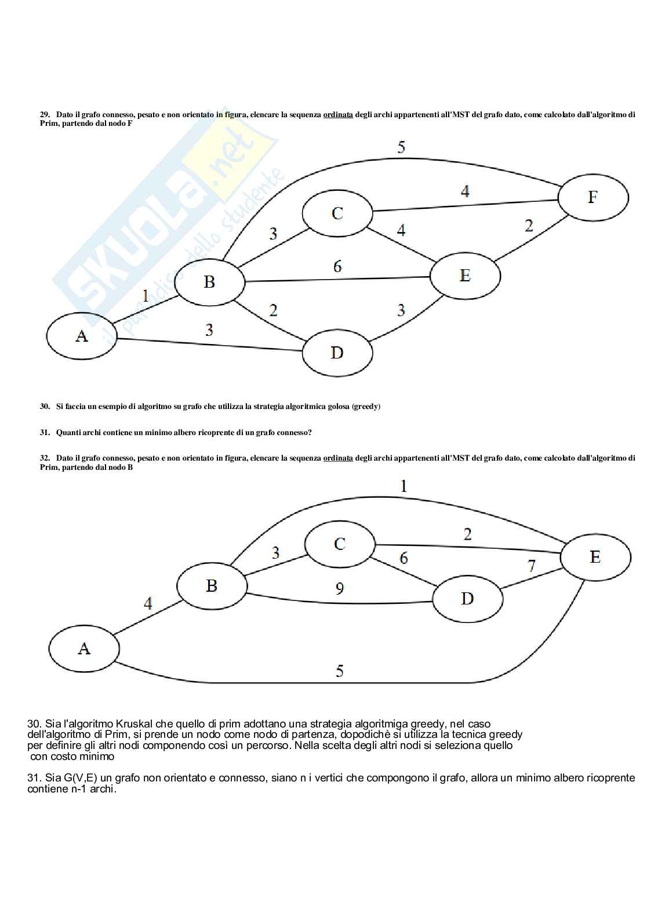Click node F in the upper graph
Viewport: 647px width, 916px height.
tap(593, 197)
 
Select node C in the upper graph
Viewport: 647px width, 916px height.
tap(337, 213)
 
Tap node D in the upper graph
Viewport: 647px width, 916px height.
tap(337, 352)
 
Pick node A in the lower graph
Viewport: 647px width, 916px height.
tap(84, 648)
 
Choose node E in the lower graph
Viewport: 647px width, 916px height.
tap(595, 557)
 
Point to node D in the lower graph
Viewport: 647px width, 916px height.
tap(467, 599)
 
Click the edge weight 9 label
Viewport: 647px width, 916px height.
tap(340, 588)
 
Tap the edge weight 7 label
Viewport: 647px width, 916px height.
tap(532, 566)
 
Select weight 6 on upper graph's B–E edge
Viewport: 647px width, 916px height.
tap(337, 266)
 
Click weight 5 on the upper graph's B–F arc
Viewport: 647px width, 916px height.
tap(401, 147)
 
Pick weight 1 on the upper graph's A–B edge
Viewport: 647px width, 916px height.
tap(145, 296)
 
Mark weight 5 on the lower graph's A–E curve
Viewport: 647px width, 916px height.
tap(340, 671)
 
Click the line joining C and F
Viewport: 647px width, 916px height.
tap(464, 204)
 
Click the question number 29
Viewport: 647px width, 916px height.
tap(45, 115)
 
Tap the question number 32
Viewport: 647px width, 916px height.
tap(45, 458)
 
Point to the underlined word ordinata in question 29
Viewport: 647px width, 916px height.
tap(338, 115)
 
